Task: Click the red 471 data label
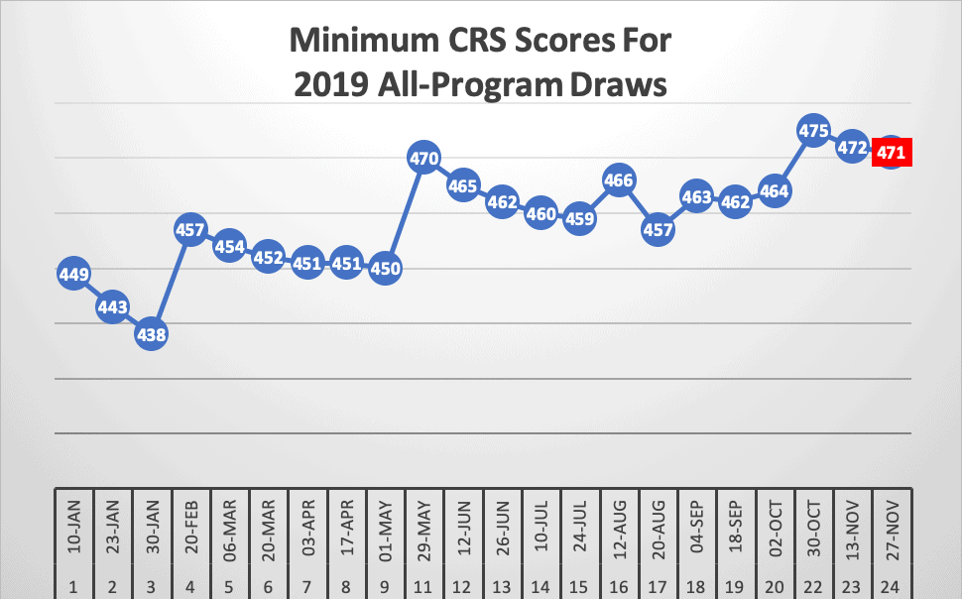point(891,154)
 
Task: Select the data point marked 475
point(813,130)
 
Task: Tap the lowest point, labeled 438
point(152,334)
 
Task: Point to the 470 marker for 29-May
point(424,157)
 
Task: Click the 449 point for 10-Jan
point(74,275)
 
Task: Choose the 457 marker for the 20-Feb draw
point(190,230)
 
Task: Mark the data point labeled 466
point(619,180)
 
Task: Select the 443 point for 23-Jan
point(113,307)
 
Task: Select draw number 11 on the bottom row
point(424,585)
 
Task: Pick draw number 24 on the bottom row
point(891,585)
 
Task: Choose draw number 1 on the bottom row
point(74,585)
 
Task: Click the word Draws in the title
point(618,85)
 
